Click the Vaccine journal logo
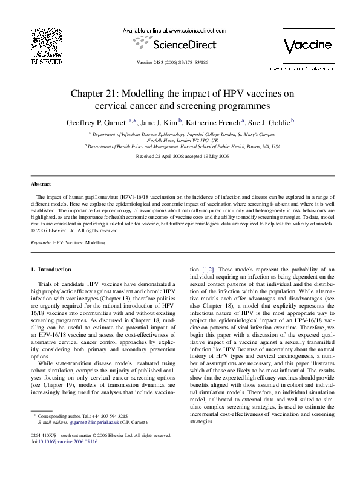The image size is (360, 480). pos(307,46)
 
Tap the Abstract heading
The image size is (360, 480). pos(41,183)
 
